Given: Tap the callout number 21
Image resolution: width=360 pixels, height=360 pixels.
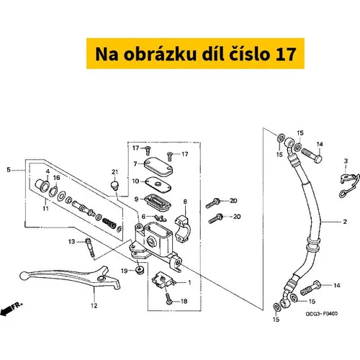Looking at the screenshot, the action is tap(115, 172).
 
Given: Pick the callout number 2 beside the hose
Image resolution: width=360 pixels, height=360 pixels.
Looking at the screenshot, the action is tap(345, 222).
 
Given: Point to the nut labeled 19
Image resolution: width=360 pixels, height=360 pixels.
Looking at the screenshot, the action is tap(139, 269).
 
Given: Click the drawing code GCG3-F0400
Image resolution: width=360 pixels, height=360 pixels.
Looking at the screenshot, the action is tap(321, 314).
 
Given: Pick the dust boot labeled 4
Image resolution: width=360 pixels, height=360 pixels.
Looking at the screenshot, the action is tap(42, 185).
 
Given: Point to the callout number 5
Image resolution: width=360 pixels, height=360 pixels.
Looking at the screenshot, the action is tap(9, 170).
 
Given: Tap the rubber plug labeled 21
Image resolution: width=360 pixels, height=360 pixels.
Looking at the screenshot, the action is tap(114, 186).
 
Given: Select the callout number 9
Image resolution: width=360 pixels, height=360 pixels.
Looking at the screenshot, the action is tap(136, 199).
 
